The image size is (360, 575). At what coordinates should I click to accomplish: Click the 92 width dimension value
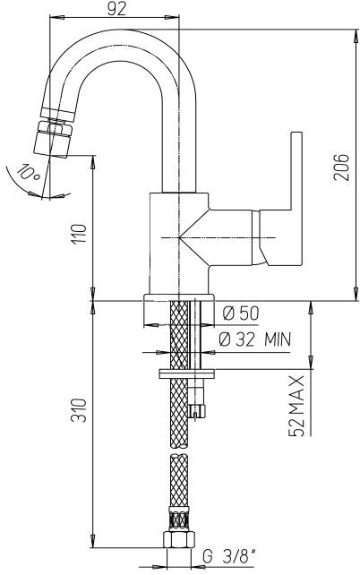(116, 9)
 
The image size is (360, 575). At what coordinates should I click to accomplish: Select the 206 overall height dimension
(341, 167)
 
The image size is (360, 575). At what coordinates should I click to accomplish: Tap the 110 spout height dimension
(79, 234)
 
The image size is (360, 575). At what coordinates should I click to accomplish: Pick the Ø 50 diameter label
(241, 313)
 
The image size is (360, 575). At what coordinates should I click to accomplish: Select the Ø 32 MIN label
(255, 339)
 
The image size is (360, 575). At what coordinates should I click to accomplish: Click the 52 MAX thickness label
(296, 406)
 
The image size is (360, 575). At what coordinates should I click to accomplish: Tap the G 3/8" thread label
(228, 557)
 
